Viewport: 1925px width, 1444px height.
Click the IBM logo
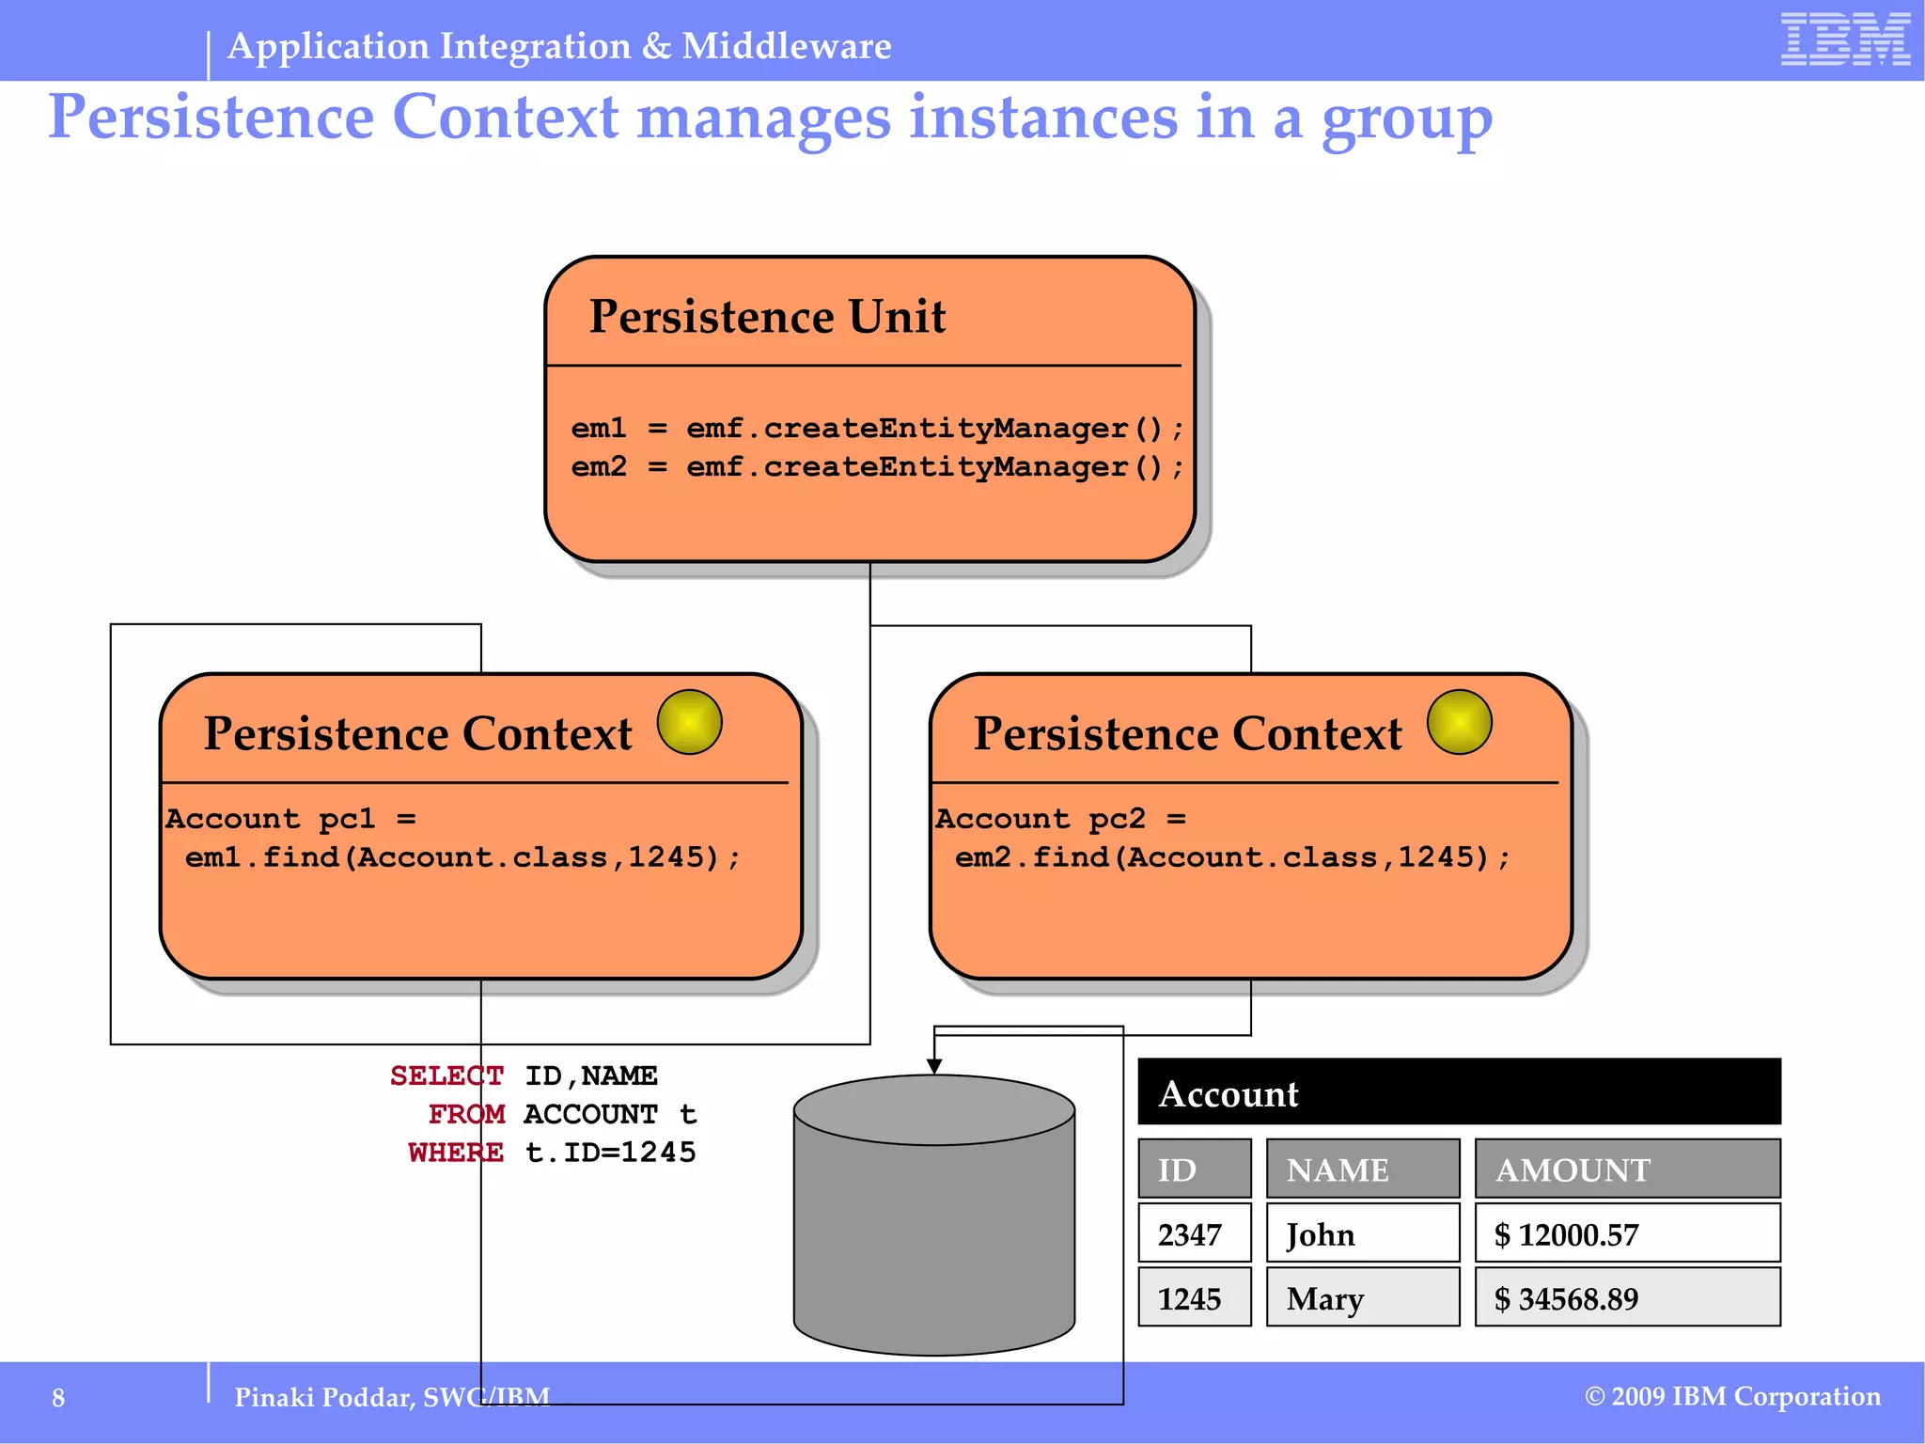(x=1844, y=39)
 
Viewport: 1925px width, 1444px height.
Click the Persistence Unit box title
(x=766, y=317)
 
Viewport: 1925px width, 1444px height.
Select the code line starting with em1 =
(x=876, y=429)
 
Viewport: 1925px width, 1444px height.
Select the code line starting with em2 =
(x=876, y=467)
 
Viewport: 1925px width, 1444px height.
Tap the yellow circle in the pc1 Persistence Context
(x=689, y=722)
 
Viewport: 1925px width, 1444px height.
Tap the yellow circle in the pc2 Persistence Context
(x=1459, y=722)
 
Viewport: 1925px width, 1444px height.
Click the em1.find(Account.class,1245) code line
(x=462, y=857)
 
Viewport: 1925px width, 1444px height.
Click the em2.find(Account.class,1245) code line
(x=1232, y=857)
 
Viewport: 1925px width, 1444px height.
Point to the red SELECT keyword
(x=446, y=1075)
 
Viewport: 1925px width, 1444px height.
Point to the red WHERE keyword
(x=455, y=1153)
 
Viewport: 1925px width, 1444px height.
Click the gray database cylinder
(x=933, y=1232)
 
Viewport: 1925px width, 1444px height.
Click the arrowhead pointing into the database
(x=934, y=1066)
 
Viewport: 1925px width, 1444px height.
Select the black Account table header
(x=1459, y=1091)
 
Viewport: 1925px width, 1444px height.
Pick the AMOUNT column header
(x=1627, y=1169)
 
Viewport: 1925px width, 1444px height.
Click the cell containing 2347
(x=1194, y=1233)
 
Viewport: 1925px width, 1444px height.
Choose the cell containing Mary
(x=1362, y=1298)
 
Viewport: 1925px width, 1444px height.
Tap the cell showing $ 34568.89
(x=1627, y=1298)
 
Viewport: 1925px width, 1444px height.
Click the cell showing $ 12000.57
(x=1627, y=1233)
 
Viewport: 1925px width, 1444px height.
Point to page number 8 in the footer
(x=58, y=1398)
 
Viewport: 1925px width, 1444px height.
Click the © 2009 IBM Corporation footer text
(x=1732, y=1397)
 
